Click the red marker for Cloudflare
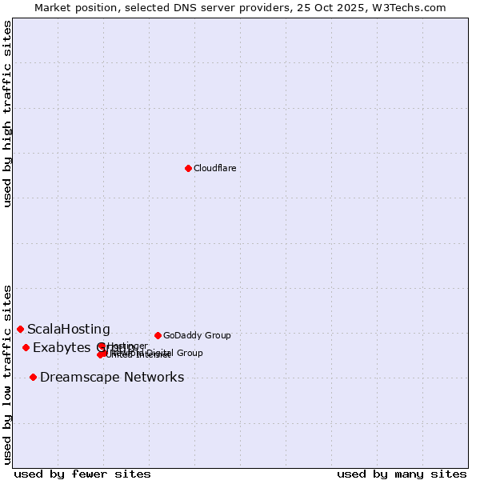(188, 168)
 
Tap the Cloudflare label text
(214, 168)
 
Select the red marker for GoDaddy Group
(158, 335)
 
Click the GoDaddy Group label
(197, 335)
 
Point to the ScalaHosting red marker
(20, 329)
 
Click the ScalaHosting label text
(69, 329)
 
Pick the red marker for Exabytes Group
(26, 347)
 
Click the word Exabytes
(61, 347)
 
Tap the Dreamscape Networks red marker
(33, 377)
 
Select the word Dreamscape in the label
(76, 378)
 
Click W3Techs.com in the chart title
(412, 7)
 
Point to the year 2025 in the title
(361, 7)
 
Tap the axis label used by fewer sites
(82, 474)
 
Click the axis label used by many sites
(402, 474)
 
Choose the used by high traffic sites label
(7, 114)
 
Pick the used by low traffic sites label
(7, 374)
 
